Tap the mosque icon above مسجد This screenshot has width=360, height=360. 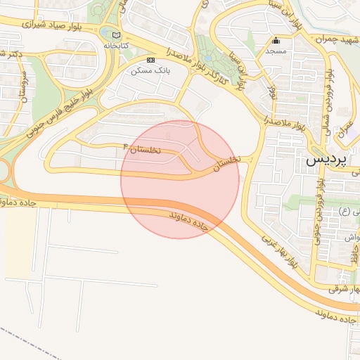pyautogui.click(x=276, y=41)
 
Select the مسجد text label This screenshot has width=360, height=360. pyautogui.click(x=276, y=51)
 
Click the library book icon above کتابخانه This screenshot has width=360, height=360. pyautogui.click(x=116, y=35)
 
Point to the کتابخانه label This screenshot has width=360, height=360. pyautogui.click(x=117, y=46)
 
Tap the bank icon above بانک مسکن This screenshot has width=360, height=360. pyautogui.click(x=149, y=60)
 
